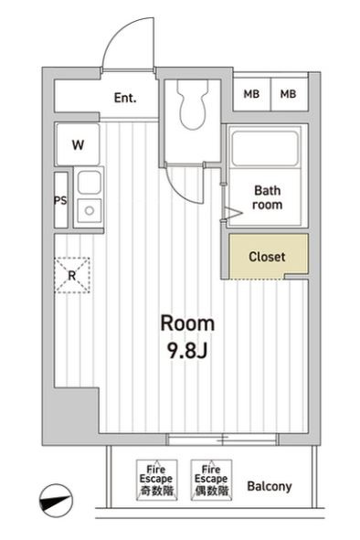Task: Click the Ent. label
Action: pyautogui.click(x=125, y=98)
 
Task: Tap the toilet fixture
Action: pyautogui.click(x=193, y=108)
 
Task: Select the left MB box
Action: pyautogui.click(x=250, y=94)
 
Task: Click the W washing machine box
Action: pyautogui.click(x=79, y=143)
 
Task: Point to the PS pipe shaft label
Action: pyautogui.click(x=60, y=200)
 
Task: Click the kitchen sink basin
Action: pyautogui.click(x=88, y=183)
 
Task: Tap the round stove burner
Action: pyautogui.click(x=89, y=212)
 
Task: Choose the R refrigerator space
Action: pyautogui.click(x=72, y=272)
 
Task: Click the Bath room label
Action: pyautogui.click(x=268, y=197)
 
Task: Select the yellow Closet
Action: pyautogui.click(x=267, y=257)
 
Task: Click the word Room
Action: pyautogui.click(x=187, y=323)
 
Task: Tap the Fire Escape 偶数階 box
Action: pyautogui.click(x=209, y=479)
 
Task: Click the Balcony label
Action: pyautogui.click(x=270, y=486)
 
